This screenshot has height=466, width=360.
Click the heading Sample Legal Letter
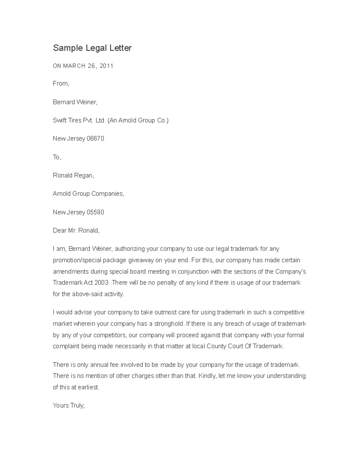pyautogui.click(x=92, y=48)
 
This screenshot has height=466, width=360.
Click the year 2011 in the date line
pyautogui.click(x=106, y=66)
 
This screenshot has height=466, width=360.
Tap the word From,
pyautogui.click(x=61, y=84)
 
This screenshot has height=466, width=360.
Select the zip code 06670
pyautogui.click(x=95, y=139)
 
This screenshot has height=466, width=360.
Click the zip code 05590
pyautogui.click(x=95, y=212)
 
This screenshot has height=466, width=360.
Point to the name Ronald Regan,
pyautogui.click(x=73, y=176)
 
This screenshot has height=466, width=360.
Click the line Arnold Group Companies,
pyautogui.click(x=88, y=194)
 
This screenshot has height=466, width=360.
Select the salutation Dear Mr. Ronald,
pyautogui.click(x=76, y=231)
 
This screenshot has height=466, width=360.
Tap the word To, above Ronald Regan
pyautogui.click(x=57, y=157)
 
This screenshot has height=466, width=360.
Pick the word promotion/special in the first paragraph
pyautogui.click(x=74, y=260)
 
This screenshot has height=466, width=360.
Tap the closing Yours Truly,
pyautogui.click(x=69, y=406)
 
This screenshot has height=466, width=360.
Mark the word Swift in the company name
pyautogui.click(x=59, y=120)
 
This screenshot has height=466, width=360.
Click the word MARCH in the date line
pyautogui.click(x=74, y=66)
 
